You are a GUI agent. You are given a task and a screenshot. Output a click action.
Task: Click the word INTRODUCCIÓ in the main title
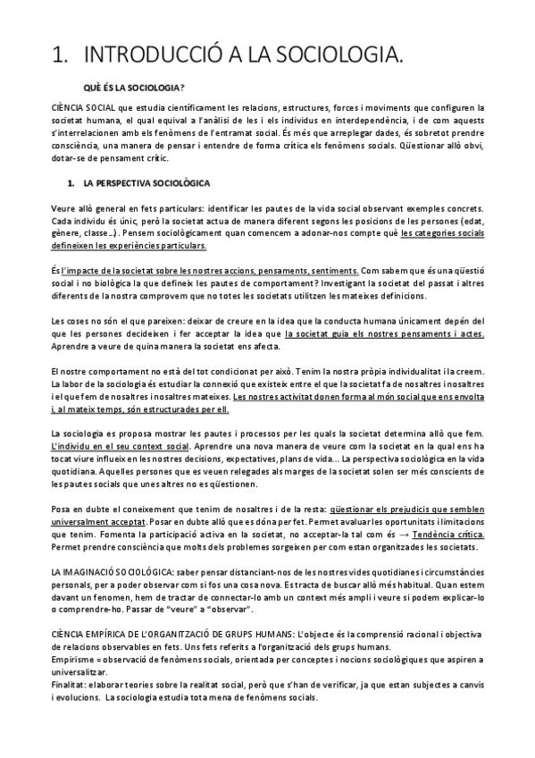click(x=140, y=57)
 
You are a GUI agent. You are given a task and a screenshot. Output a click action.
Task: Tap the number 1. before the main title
click(x=61, y=57)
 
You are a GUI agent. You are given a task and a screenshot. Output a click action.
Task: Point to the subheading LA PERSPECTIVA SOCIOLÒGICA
click(x=146, y=183)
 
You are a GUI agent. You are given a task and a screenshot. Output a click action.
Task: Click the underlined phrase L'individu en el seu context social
click(x=121, y=445)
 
